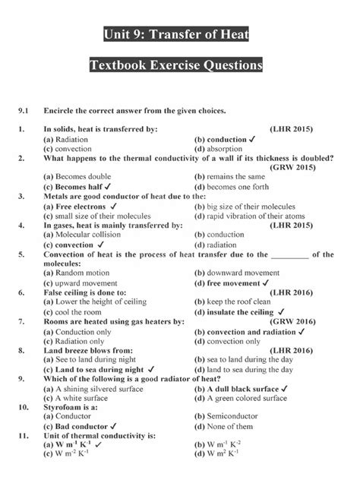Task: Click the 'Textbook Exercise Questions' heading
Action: [180, 67]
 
